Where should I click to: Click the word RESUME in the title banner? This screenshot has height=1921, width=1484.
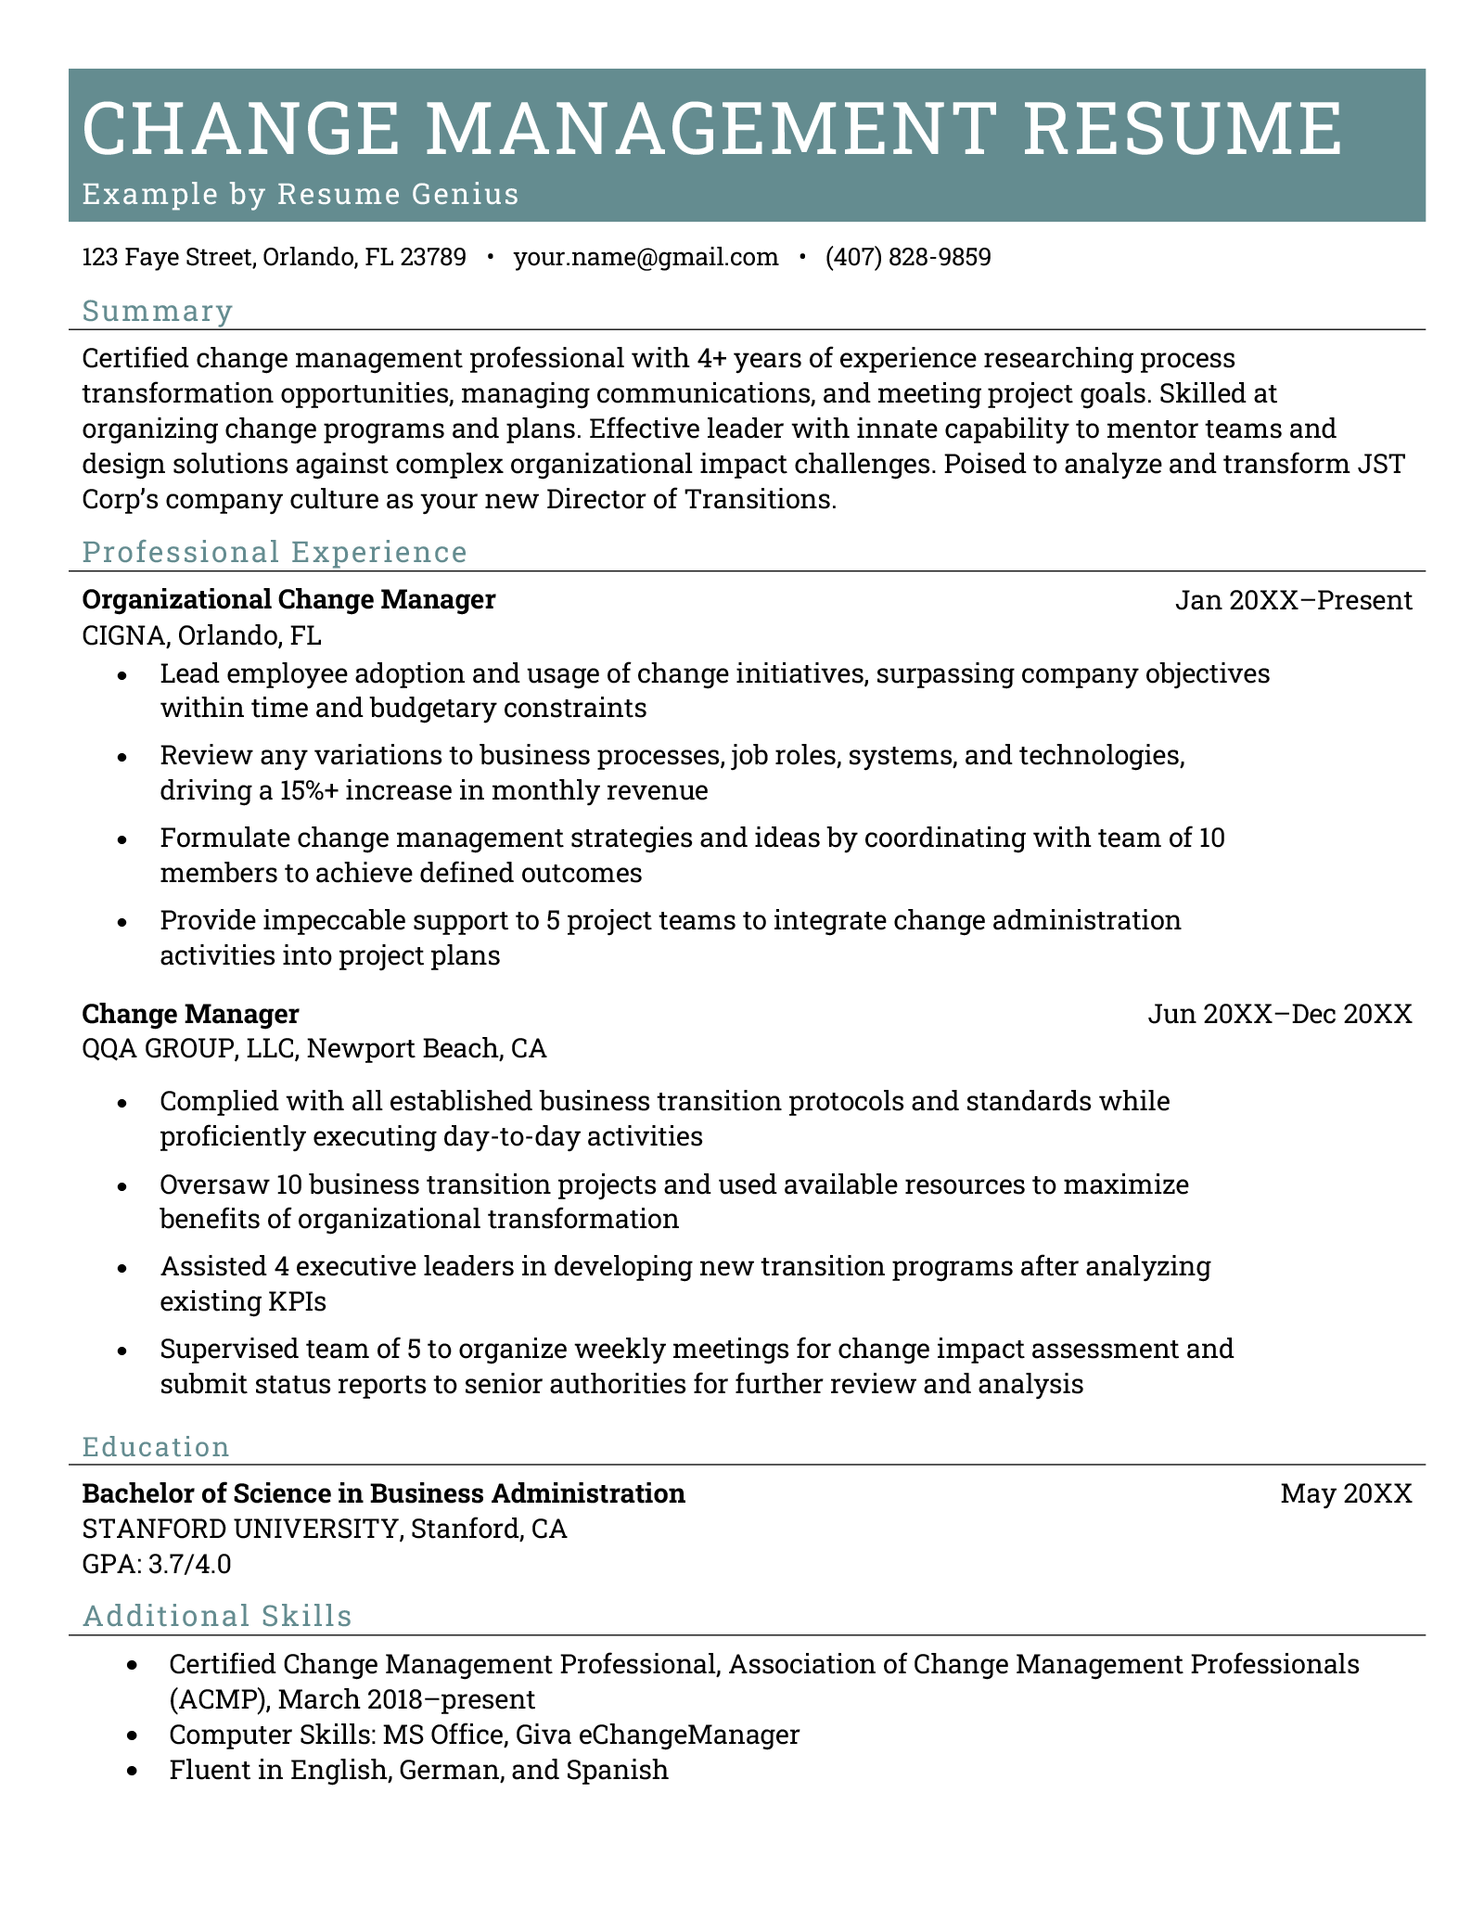pos(1183,129)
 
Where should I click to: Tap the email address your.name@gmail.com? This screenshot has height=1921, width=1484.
pos(646,257)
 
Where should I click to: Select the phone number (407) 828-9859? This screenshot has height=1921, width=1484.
pos(908,257)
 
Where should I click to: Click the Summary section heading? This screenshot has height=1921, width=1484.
pos(157,311)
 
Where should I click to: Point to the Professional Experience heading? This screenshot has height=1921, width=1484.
pos(275,552)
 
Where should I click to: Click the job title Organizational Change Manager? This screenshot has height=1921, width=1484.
pos(288,600)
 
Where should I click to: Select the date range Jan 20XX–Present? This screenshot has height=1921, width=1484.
pos(1293,601)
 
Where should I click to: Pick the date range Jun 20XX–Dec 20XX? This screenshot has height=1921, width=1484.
pos(1279,1014)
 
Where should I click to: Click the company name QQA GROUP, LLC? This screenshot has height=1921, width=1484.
pos(188,1049)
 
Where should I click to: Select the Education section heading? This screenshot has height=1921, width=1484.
pos(155,1447)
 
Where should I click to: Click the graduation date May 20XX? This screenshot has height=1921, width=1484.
pos(1346,1493)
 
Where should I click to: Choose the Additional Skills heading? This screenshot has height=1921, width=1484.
pos(217,1616)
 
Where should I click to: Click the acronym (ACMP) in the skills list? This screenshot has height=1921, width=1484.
pos(219,1699)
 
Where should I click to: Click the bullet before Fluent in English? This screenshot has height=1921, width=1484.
pos(135,1771)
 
